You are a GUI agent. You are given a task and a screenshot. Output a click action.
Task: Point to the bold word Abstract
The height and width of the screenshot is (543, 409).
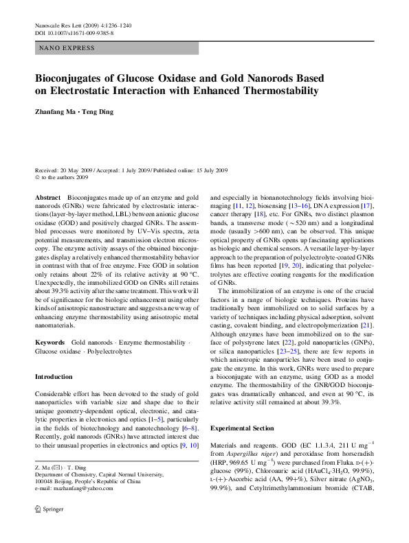click(47, 197)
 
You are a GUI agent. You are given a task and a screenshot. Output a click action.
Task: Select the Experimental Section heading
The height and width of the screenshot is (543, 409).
click(242, 428)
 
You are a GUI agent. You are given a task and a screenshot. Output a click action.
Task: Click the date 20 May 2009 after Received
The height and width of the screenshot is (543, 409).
click(76, 170)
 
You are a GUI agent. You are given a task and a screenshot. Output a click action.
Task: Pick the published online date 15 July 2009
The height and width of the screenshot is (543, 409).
click(208, 170)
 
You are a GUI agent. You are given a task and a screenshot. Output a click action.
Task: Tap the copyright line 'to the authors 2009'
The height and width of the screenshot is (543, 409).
click(66, 177)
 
